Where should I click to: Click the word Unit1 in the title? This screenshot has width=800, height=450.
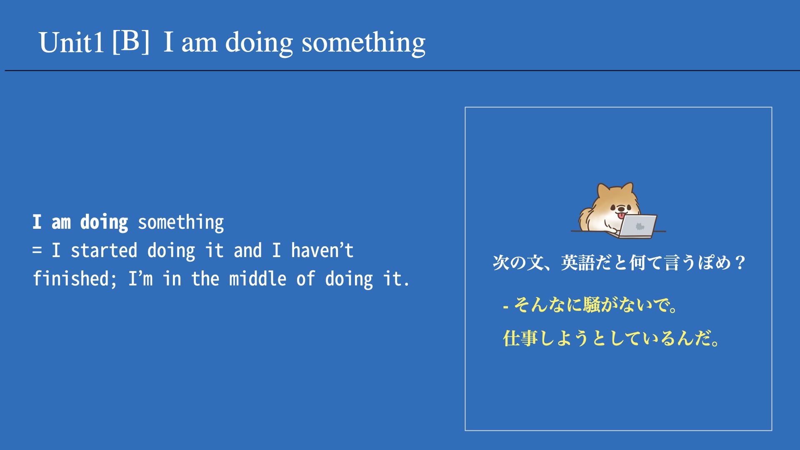point(71,42)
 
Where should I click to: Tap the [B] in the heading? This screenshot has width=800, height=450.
point(131,41)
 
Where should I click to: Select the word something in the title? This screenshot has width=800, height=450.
point(363,43)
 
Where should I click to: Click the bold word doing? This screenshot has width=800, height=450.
point(104,222)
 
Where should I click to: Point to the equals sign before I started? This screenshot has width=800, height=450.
point(37,250)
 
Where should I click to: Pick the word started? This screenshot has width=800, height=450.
point(104,250)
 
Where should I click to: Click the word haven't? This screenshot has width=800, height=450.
point(322,250)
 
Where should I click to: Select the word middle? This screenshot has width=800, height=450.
point(257,278)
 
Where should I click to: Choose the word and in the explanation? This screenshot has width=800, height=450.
point(247,250)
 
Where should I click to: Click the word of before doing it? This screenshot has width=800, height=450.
point(305,278)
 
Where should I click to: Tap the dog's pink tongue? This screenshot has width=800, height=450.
point(621,215)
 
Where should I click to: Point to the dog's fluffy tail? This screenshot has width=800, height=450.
point(585,219)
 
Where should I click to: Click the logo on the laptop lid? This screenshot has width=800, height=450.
point(640,226)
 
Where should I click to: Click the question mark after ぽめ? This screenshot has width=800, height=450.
point(740,262)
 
